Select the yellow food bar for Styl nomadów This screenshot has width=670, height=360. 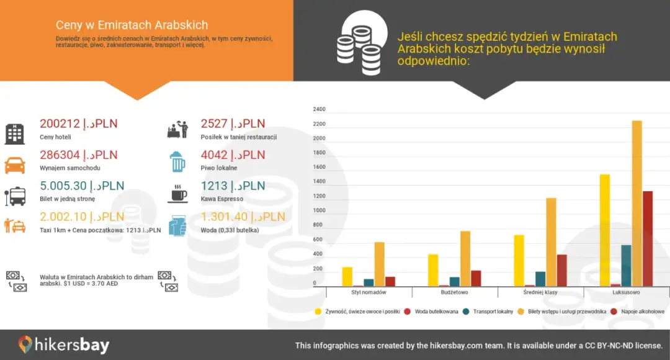pos(347,277)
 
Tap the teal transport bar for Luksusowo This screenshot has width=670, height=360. pos(626,266)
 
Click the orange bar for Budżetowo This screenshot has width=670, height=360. pos(465,258)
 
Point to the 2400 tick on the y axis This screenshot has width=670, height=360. pos(319,109)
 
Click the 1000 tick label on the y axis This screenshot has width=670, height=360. pos(319,210)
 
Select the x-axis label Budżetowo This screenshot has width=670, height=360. pos(454,292)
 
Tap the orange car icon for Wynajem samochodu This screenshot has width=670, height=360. pos(15,164)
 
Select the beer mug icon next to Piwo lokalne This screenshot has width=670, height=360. pos(177,162)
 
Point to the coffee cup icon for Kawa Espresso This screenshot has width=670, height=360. pos(177,194)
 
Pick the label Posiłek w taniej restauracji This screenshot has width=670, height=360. pos(238,137)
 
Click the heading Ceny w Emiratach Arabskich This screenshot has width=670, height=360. pos(132,25)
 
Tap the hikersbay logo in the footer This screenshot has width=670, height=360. pos(63,345)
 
